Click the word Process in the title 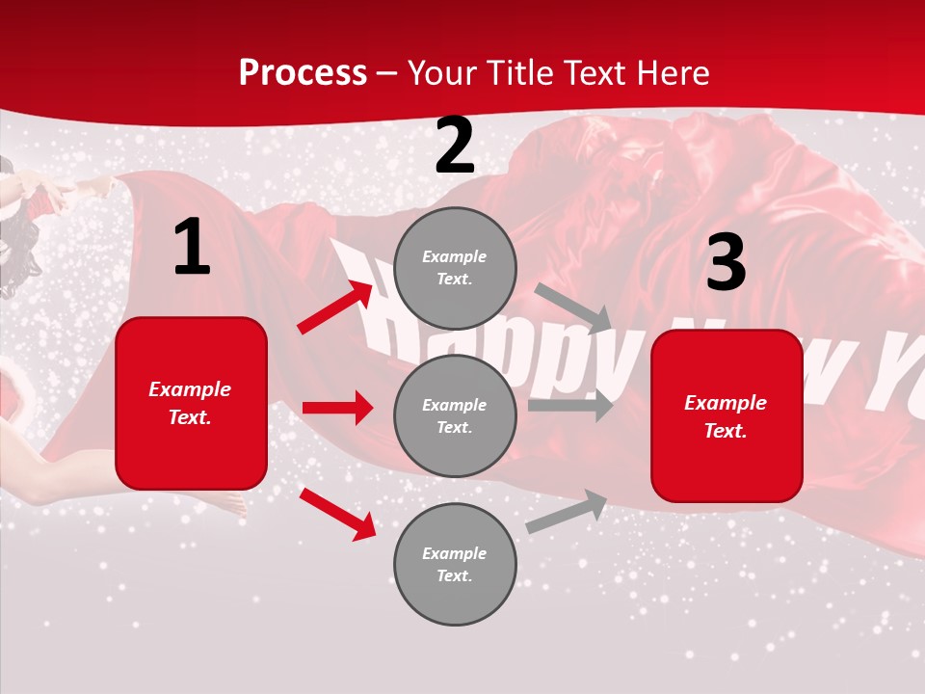pyautogui.click(x=303, y=72)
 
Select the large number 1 pyautogui.click(x=192, y=248)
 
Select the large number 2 pyautogui.click(x=455, y=147)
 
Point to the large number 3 pyautogui.click(x=726, y=263)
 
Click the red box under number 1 pyautogui.click(x=191, y=403)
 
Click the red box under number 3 pyautogui.click(x=727, y=416)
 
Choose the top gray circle pyautogui.click(x=455, y=268)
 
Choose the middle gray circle pyautogui.click(x=455, y=415)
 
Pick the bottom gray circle pyautogui.click(x=455, y=564)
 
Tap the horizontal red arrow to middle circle pyautogui.click(x=337, y=408)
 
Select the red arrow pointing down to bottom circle pyautogui.click(x=337, y=514)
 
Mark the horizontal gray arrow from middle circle pyautogui.click(x=569, y=406)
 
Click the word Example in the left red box pyautogui.click(x=190, y=389)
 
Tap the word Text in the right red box pyautogui.click(x=726, y=431)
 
